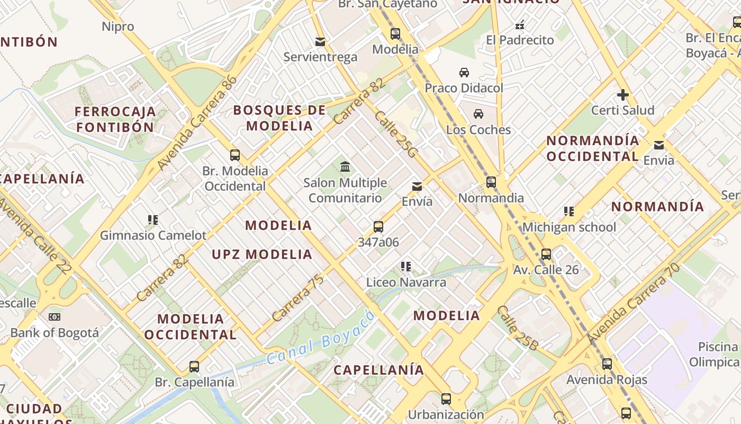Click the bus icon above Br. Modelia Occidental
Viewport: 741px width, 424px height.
[235, 155]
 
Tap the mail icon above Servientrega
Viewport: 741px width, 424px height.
[320, 41]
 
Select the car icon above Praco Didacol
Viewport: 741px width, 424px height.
[464, 72]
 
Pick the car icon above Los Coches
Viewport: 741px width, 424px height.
[478, 114]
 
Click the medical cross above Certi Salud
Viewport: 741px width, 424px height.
[623, 95]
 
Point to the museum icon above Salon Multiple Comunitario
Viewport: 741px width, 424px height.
[346, 167]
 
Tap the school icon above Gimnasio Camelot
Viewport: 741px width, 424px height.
[153, 219]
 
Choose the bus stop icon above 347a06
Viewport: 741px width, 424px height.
[378, 227]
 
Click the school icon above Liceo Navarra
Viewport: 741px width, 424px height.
[406, 267]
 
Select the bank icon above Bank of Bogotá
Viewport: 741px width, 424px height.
[54, 317]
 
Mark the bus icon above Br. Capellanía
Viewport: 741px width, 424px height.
[194, 366]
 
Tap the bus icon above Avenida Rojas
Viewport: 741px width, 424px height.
[607, 364]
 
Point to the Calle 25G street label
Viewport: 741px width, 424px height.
[396, 134]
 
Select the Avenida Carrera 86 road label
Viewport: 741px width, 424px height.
[197, 123]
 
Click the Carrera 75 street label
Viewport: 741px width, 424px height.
[297, 298]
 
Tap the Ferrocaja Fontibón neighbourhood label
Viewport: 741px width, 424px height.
[115, 119]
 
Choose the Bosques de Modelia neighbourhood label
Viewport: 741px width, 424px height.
[279, 118]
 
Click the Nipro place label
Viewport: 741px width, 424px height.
[118, 26]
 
